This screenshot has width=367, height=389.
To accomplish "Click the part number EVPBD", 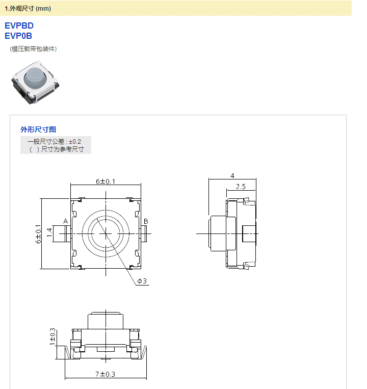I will pos(19,25).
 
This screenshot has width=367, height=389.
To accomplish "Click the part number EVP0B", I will pos(18,36).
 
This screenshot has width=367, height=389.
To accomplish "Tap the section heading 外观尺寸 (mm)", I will pos(28,8).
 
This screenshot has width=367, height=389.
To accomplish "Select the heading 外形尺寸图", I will pos(38,129).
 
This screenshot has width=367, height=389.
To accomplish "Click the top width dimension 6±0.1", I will pos(106,181).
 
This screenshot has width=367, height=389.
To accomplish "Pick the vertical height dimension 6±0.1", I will pos(37,233).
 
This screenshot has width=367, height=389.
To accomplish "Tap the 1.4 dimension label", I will pos(49,233).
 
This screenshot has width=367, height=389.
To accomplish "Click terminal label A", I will pos(65,221).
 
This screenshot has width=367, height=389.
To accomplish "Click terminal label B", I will pos(146,221).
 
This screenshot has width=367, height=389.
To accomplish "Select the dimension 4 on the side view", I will pos(232,175).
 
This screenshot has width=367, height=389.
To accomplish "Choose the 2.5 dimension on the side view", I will pos(241,187).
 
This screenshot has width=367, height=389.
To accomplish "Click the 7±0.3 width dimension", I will pos(106,374).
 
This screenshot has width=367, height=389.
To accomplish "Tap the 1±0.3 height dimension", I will pos(52,337).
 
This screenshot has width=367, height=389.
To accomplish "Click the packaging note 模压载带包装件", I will pos(33,49).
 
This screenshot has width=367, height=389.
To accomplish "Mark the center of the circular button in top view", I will pos(106,233).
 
